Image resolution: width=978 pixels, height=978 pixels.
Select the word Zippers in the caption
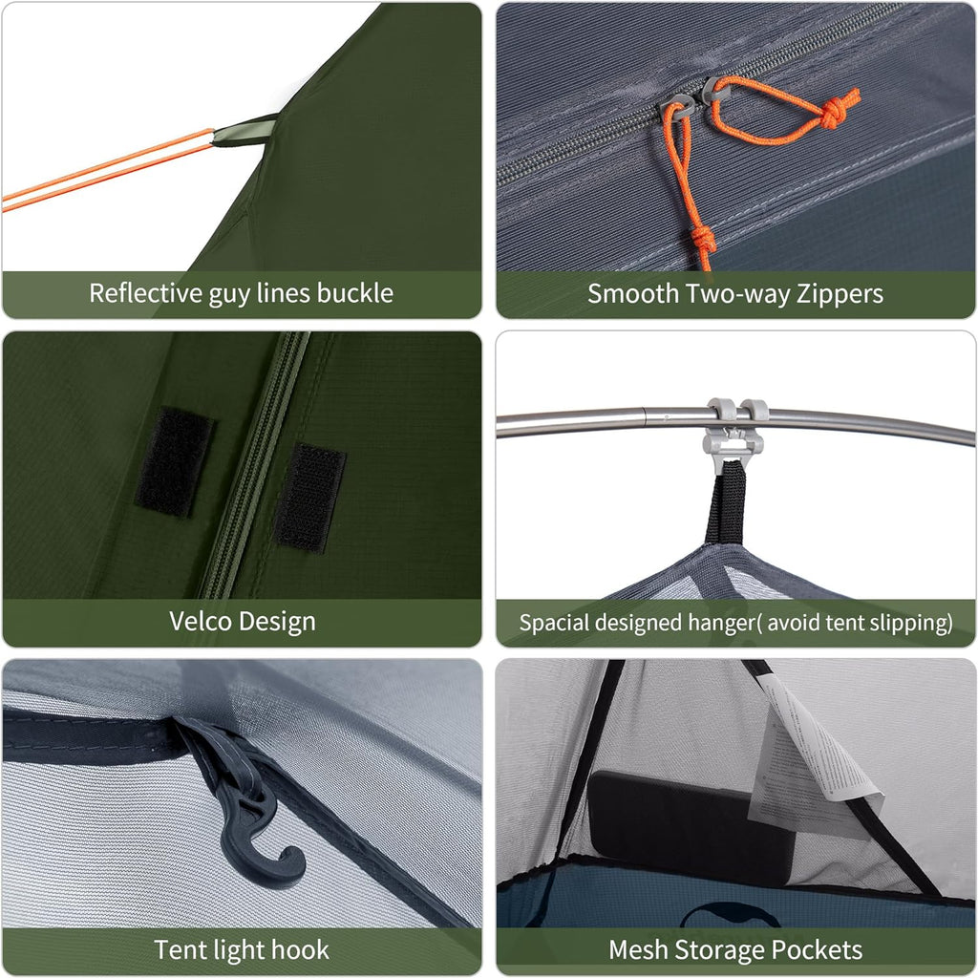835,293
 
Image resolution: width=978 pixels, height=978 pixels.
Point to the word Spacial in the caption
552,623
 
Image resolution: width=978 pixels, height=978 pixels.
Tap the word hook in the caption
303,949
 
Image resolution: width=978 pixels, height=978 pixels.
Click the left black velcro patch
174,461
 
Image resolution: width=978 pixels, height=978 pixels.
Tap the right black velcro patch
309,497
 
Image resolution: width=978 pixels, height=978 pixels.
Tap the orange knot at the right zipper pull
837,112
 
